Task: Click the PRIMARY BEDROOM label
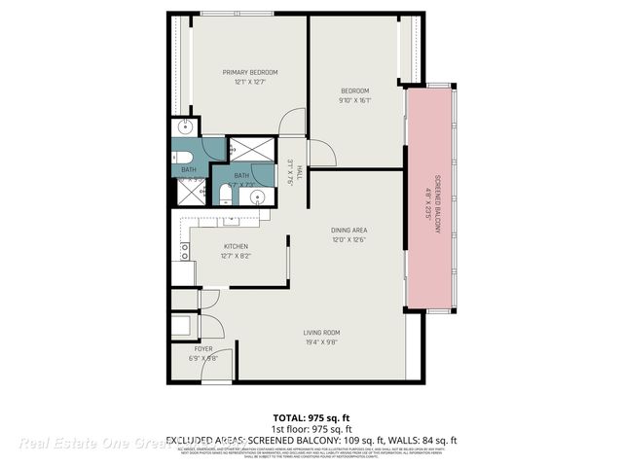pos(250,72)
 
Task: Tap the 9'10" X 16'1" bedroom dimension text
pos(353,99)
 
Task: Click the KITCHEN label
pos(237,246)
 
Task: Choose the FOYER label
pos(202,348)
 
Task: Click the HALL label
pos(300,172)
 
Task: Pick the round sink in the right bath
pos(257,197)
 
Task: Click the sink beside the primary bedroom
pos(184,128)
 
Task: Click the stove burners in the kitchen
pos(183,251)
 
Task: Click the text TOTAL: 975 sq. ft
pos(311,415)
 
